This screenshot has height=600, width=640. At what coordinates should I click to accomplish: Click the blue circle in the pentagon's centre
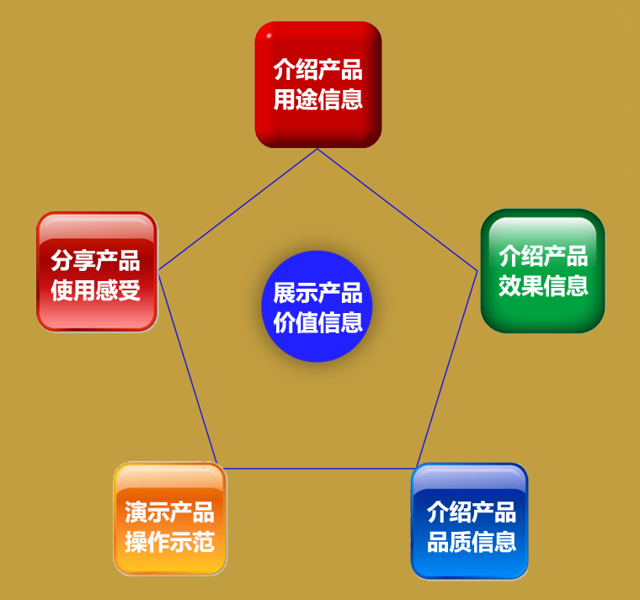coord(317,306)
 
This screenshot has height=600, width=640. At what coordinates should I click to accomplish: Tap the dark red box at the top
coord(318,84)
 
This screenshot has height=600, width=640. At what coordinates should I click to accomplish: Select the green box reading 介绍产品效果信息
coord(543,271)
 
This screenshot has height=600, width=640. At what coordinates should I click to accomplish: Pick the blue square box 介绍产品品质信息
coord(470,521)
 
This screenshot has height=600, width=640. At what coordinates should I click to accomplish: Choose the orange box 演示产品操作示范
coord(170,518)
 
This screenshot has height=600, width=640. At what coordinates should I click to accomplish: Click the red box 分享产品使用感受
coord(97,271)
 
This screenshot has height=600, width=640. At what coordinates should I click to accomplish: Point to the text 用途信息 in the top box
coord(318,99)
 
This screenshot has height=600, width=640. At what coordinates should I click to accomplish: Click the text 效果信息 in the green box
coord(543,285)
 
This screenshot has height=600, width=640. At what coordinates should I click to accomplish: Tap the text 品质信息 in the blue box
coord(472,542)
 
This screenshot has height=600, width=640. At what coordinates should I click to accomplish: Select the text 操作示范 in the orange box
coord(169,542)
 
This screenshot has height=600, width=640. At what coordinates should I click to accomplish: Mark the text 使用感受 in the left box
coord(95,290)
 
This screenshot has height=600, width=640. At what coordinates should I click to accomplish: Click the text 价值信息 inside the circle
coord(318,322)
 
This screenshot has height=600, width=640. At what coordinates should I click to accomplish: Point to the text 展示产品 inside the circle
coord(318,293)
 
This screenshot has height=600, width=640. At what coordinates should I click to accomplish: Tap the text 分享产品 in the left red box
coord(95,261)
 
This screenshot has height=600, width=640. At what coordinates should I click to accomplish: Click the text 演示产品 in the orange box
coord(169,512)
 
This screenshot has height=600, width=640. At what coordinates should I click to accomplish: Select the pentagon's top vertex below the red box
coord(317,149)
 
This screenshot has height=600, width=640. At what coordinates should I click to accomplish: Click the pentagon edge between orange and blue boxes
coord(319,468)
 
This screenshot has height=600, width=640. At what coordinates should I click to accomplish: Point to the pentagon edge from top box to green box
coord(397,210)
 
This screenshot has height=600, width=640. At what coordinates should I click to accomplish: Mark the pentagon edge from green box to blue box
coord(447,369)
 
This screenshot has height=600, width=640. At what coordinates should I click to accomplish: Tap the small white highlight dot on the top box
coord(269,36)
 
